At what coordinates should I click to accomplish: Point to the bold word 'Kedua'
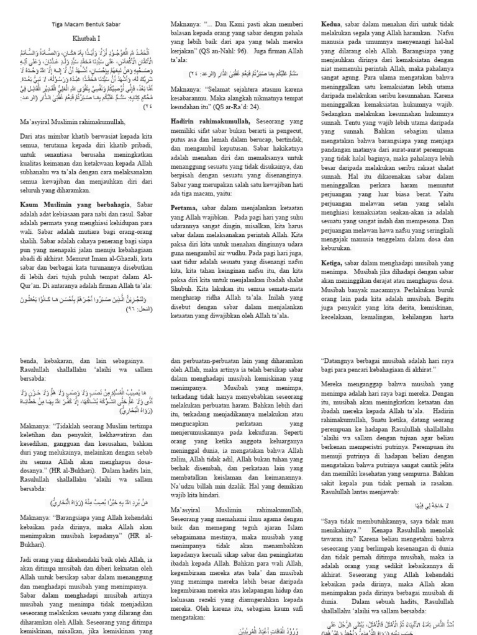click(x=332, y=24)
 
